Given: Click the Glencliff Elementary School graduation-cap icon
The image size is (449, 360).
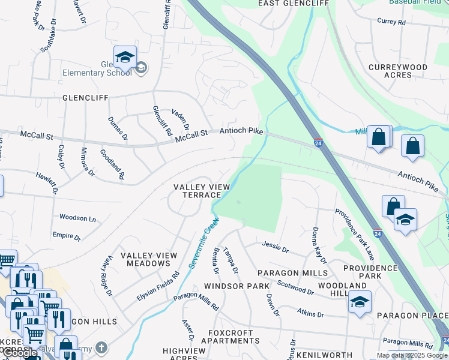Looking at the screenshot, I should (x=125, y=58).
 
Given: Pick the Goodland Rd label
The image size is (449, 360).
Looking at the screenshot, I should (x=112, y=164).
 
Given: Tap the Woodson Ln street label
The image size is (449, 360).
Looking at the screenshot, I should (x=77, y=218).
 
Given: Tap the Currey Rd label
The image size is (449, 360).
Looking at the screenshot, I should (x=391, y=22).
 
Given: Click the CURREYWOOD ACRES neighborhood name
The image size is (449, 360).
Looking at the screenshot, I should (x=398, y=71).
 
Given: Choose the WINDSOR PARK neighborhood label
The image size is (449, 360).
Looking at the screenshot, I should (x=237, y=286).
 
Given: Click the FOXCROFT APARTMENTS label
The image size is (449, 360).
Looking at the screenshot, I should (x=234, y=337).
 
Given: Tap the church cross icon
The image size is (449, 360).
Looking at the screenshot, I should (x=101, y=347).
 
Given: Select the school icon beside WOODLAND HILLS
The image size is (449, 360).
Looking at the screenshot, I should (x=360, y=302).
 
